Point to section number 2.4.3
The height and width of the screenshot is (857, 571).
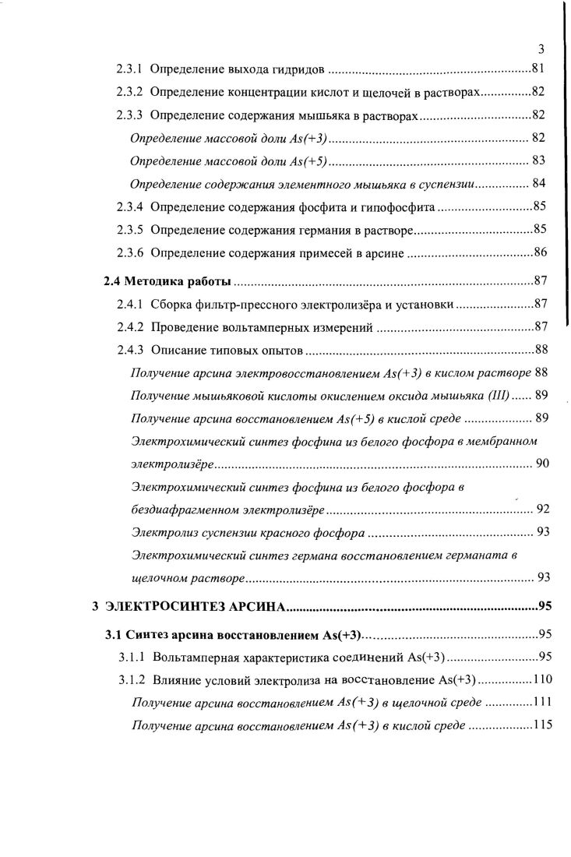click(x=129, y=350)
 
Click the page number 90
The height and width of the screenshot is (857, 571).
click(x=543, y=464)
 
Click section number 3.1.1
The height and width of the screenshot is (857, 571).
click(x=132, y=657)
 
